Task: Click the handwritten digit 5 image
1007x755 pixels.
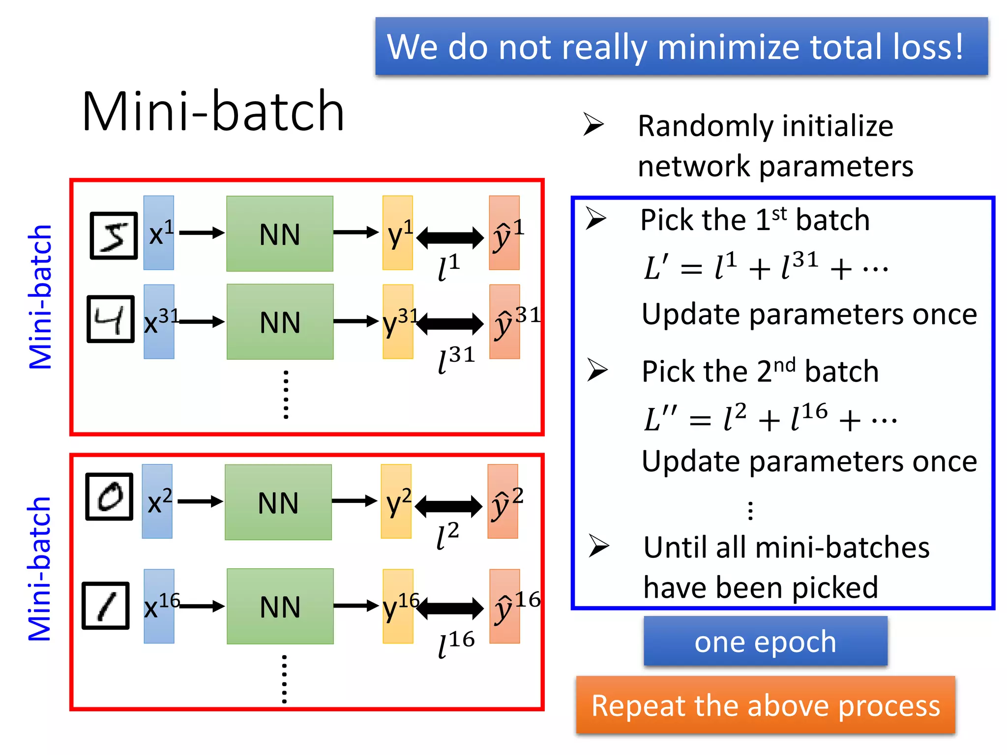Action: click(x=114, y=235)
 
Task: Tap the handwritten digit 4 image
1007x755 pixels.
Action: click(x=111, y=319)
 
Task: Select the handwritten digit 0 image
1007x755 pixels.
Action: click(x=109, y=496)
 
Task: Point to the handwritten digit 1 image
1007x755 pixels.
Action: click(x=106, y=606)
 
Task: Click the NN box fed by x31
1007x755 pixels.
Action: click(x=280, y=322)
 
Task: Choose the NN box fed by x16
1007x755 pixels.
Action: click(x=280, y=606)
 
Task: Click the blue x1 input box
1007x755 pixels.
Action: click(x=158, y=233)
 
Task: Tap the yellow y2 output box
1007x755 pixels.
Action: click(x=396, y=501)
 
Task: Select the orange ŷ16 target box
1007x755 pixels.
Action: click(x=504, y=606)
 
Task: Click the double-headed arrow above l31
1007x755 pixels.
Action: click(x=450, y=323)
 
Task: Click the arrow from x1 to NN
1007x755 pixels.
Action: click(x=202, y=232)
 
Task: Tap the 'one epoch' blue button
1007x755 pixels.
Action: click(x=765, y=641)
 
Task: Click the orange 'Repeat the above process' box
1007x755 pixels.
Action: click(x=765, y=705)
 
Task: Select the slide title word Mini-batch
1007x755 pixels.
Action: click(x=213, y=112)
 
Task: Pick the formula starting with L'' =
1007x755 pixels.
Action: click(x=770, y=418)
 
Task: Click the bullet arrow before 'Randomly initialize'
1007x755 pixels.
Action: click(x=593, y=124)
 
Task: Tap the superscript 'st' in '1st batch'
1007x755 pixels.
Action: click(x=779, y=213)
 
